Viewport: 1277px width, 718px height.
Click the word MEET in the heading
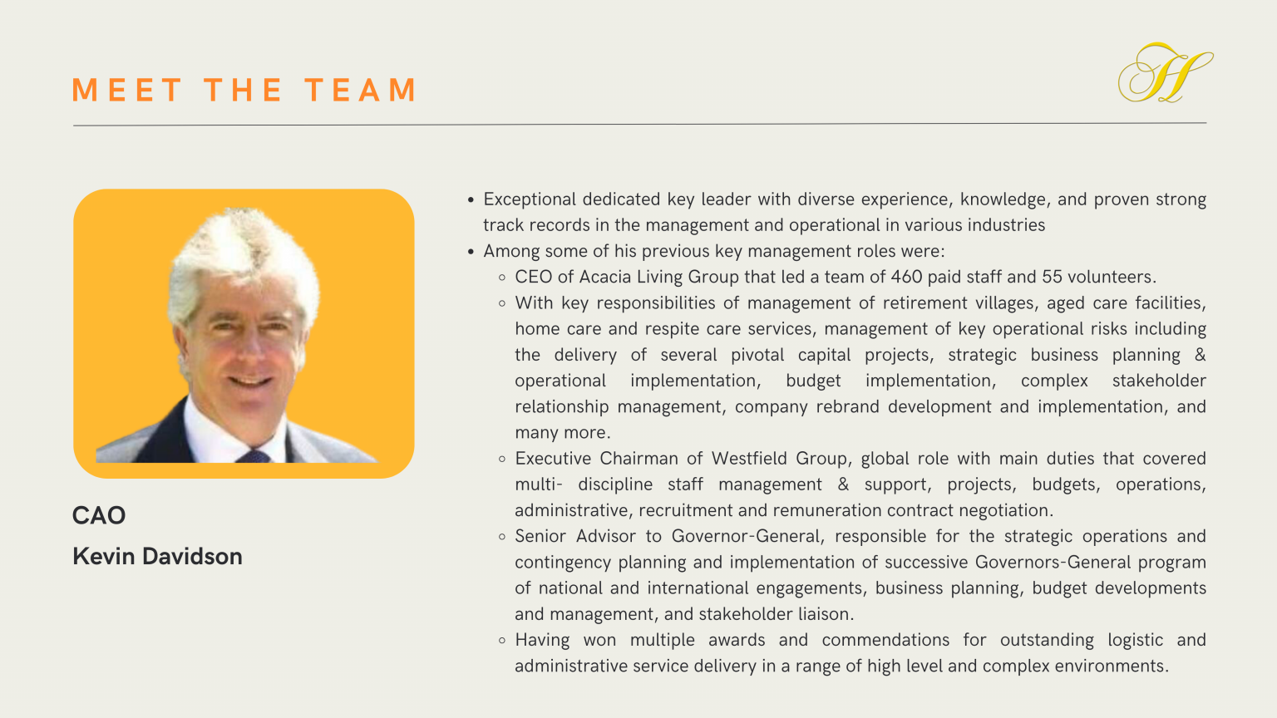coord(126,90)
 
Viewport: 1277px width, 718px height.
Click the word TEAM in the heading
coord(360,90)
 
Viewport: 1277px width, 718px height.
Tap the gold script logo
coord(1165,73)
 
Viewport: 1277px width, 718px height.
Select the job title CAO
coord(99,515)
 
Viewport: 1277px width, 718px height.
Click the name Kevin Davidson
coord(157,556)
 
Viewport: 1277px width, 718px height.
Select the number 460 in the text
coord(906,277)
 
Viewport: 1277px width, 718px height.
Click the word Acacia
coord(605,277)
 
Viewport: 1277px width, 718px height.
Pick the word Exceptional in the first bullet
coord(530,199)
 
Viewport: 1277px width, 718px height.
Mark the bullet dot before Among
coord(471,252)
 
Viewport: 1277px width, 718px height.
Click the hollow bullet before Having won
coord(502,641)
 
